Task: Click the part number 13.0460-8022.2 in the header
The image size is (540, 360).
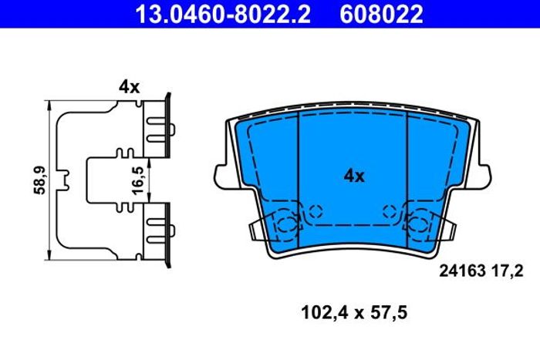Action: (223, 15)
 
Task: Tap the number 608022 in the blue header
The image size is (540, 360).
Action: (381, 15)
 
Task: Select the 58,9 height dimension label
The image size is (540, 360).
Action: (40, 180)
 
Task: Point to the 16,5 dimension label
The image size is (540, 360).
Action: (138, 180)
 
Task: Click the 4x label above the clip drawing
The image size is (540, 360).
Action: (129, 87)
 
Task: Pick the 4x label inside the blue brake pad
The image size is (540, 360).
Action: (353, 177)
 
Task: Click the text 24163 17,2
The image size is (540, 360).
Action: (481, 271)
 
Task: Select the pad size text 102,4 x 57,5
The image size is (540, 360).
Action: (354, 313)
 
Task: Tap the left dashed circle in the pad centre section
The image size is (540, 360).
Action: (315, 211)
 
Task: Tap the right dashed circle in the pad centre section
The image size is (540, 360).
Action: (390, 211)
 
